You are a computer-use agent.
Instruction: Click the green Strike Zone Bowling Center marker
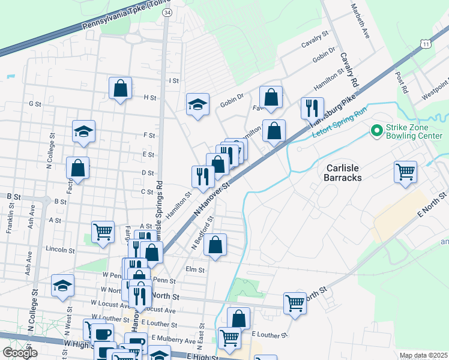377,130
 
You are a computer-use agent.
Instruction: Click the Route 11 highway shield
426,44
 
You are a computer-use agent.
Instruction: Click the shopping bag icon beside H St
121,89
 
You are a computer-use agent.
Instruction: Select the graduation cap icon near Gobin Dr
197,105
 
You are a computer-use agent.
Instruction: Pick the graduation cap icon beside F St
83,132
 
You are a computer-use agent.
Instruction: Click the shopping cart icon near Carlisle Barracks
406,172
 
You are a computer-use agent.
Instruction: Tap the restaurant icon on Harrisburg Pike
312,108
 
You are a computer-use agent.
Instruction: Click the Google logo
20,353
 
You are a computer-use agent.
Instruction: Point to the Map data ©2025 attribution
423,356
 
